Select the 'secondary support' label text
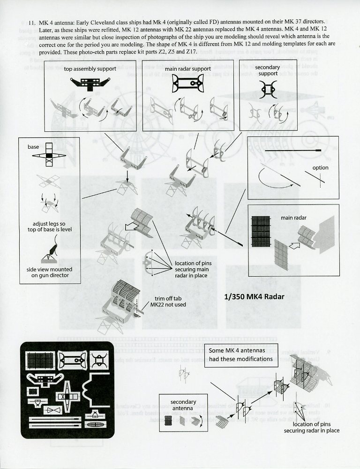coord(269,71)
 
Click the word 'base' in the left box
coord(33,147)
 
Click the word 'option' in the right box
coord(321,167)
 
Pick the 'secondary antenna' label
coord(183,405)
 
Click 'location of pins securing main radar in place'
coord(193,269)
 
